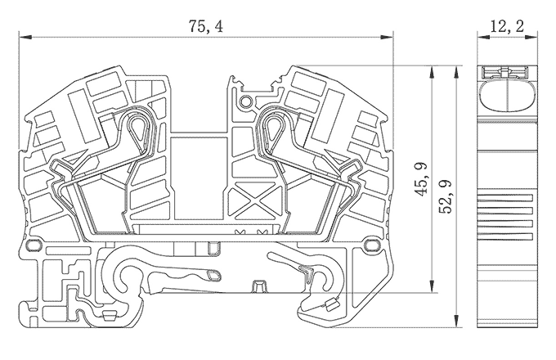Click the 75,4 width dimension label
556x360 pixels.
tap(205, 27)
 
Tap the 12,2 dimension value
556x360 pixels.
tap(507, 27)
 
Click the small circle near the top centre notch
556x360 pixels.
tap(245, 101)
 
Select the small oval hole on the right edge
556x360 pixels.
tap(374, 244)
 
